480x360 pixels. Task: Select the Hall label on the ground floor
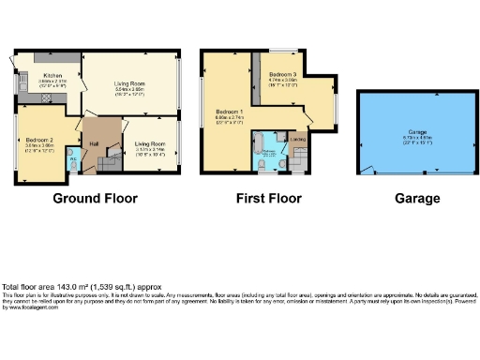pos(93,142)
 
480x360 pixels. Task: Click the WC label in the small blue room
pos(72,157)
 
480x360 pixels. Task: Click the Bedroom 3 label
pos(284,73)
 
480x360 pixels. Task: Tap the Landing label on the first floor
pos(298,142)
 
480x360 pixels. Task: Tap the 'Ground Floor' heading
pos(95,199)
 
